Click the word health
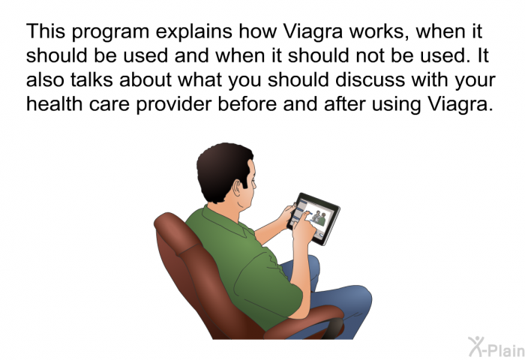coord(54,103)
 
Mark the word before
coord(247,103)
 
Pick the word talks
coord(91,79)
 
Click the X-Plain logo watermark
coord(496,347)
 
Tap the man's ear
coord(238,188)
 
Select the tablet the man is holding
coord(314,218)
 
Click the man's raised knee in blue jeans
coord(355,298)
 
